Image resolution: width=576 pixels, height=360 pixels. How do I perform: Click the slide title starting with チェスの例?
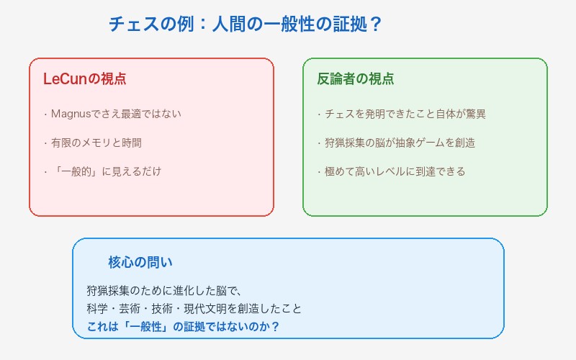245,24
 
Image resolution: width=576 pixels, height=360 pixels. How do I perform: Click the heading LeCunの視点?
84,79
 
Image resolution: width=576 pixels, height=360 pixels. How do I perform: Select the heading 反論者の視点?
356,79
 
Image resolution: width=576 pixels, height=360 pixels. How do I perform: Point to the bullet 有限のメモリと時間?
96,143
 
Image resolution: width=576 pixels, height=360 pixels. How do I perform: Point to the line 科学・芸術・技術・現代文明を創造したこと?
194,309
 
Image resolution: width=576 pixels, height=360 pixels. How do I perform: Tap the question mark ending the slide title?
374,24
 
